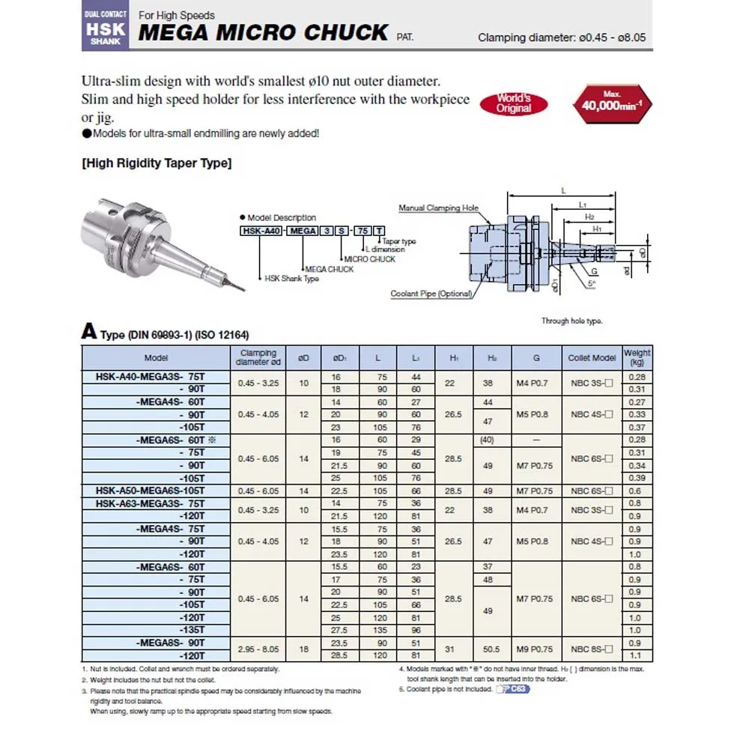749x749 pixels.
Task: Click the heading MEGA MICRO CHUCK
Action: pyautogui.click(x=264, y=33)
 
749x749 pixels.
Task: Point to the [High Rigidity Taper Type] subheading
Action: pyautogui.click(x=157, y=163)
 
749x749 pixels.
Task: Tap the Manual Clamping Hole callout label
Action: pyautogui.click(x=438, y=208)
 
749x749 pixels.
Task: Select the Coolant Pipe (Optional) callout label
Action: pyautogui.click(x=431, y=294)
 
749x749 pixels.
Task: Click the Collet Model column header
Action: pyautogui.click(x=592, y=358)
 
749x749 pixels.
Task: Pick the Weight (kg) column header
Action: pyautogui.click(x=637, y=357)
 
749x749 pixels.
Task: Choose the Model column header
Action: pyautogui.click(x=157, y=358)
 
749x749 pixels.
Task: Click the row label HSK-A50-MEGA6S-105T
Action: pyautogui.click(x=151, y=491)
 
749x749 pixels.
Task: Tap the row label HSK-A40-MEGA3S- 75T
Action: pyautogui.click(x=151, y=377)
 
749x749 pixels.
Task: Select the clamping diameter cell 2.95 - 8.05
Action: pyautogui.click(x=258, y=649)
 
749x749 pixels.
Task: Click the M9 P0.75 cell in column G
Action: pyautogui.click(x=536, y=649)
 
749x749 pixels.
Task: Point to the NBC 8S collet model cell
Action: pyautogui.click(x=592, y=649)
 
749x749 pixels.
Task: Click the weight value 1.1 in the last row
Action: pyautogui.click(x=637, y=655)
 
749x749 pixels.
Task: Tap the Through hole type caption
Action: pyautogui.click(x=571, y=321)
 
